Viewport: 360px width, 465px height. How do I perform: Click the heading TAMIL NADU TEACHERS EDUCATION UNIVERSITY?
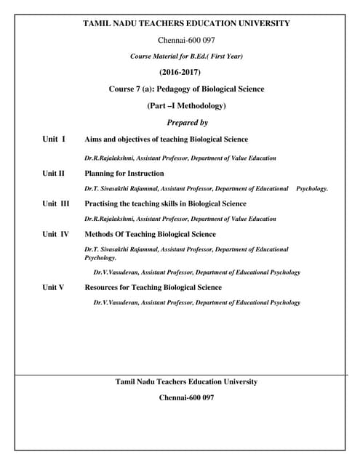pos(186,23)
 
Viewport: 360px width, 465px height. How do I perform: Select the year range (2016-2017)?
pos(179,72)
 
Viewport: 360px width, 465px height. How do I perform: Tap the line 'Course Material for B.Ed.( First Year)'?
pos(186,56)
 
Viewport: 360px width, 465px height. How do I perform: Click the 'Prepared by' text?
pos(187,123)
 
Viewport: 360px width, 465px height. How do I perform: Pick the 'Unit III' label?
pos(55,203)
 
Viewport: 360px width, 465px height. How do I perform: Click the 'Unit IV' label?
pos(55,234)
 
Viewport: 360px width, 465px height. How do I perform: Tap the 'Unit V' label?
pos(53,287)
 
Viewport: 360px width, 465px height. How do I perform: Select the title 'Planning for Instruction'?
pos(124,174)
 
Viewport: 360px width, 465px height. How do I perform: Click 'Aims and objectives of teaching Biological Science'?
pos(166,139)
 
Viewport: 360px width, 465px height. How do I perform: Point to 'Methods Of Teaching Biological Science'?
pos(150,234)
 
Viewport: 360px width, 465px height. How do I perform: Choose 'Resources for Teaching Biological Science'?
pos(153,287)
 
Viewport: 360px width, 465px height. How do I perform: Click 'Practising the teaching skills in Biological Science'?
pos(165,203)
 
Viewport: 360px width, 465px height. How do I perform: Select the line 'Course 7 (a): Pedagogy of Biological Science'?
pos(186,89)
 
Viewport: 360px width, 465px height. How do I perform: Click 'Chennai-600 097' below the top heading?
pos(186,39)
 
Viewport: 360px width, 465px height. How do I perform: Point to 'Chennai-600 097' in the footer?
pos(186,397)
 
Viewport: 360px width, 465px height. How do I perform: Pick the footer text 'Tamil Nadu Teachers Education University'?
pos(186,381)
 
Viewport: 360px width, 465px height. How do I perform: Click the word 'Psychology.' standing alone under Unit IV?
pos(100,257)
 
